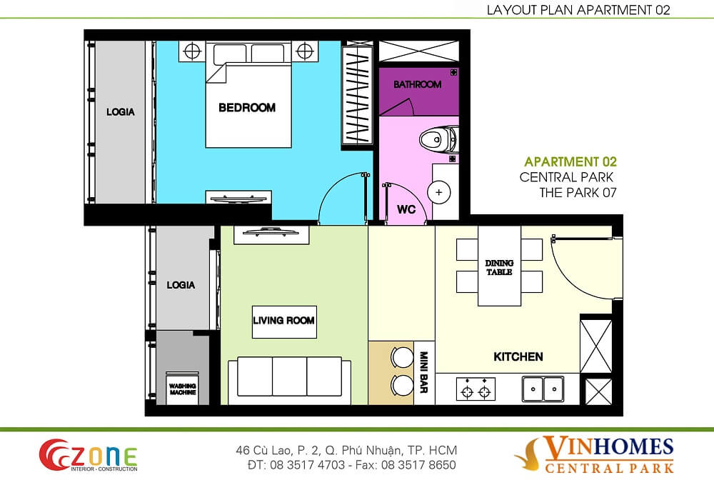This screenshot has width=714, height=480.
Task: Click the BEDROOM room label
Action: tap(247, 108)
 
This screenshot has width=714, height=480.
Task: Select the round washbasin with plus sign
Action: tap(438, 193)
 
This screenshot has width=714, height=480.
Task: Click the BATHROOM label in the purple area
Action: tap(418, 84)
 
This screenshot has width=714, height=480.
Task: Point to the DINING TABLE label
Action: tap(499, 268)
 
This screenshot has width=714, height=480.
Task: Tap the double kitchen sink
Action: tap(543, 389)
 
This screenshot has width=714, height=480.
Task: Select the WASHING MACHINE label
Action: tap(183, 389)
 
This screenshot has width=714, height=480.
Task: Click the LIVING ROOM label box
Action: tap(283, 321)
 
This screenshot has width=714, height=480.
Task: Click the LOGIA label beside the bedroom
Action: tap(121, 112)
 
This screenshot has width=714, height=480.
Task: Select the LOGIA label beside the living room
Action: tap(181, 285)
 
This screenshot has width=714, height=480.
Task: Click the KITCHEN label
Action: tap(518, 356)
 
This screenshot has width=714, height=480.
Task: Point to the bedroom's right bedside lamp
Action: tap(306, 51)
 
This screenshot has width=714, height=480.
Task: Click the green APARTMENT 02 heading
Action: tap(570, 162)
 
